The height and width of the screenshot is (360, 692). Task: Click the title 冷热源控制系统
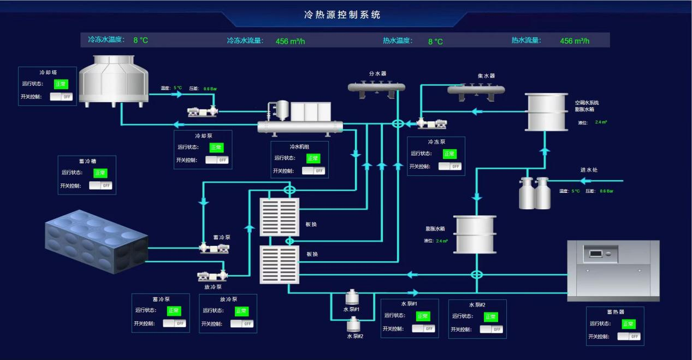342,15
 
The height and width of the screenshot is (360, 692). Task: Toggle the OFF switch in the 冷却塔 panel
61,96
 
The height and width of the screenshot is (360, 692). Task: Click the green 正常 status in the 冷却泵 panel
216,147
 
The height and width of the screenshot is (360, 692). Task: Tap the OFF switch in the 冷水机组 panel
314,170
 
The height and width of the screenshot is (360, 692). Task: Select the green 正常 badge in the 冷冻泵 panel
449,154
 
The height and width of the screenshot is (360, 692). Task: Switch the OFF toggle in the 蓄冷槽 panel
100,185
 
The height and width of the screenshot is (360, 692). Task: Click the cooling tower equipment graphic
114,80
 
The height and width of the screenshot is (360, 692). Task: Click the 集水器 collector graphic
476,90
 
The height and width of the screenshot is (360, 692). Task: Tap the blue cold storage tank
96,240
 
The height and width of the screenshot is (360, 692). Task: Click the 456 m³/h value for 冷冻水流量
290,41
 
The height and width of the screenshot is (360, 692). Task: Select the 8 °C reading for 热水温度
435,41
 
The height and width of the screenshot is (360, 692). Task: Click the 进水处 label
589,170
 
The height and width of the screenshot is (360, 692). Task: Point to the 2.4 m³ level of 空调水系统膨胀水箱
601,122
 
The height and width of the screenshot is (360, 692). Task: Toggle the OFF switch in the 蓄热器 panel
629,336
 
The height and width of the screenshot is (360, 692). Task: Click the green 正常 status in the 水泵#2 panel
491,316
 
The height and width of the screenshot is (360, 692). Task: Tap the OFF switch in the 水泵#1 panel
423,328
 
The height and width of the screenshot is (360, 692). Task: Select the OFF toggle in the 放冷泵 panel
242,323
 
